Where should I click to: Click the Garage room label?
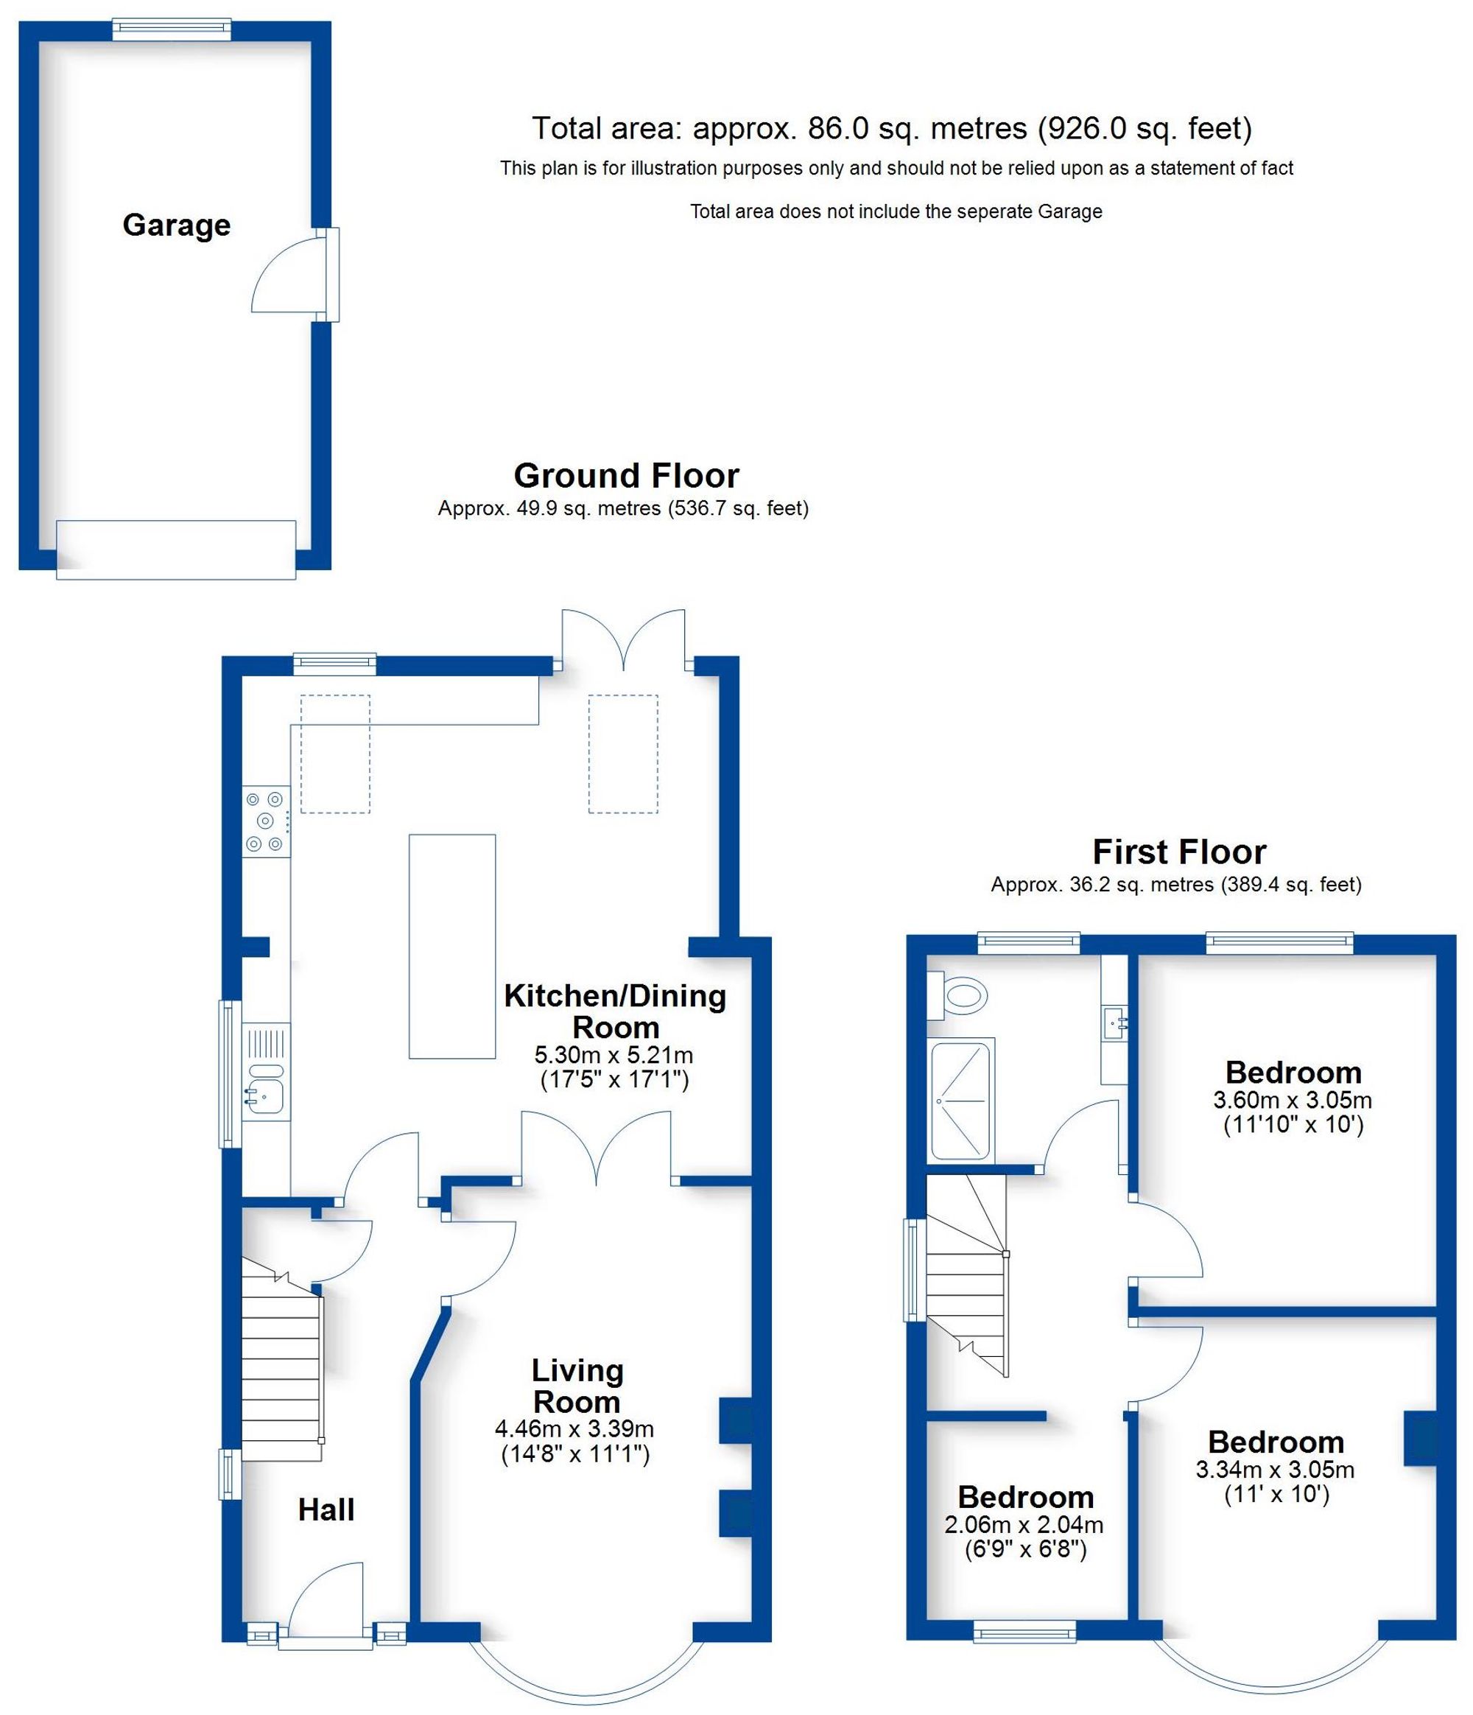pyautogui.click(x=176, y=225)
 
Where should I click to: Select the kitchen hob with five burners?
pyautogui.click(x=266, y=821)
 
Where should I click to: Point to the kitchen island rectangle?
pyautogui.click(x=451, y=946)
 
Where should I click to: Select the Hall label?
pyautogui.click(x=326, y=1509)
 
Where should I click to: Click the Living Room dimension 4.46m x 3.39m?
pyautogui.click(x=574, y=1428)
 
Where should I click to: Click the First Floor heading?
pyautogui.click(x=1178, y=852)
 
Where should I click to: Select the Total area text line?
pyautogui.click(x=890, y=128)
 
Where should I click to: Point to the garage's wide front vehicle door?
pyautogui.click(x=175, y=550)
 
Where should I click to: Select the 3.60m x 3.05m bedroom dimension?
pyautogui.click(x=1292, y=1100)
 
